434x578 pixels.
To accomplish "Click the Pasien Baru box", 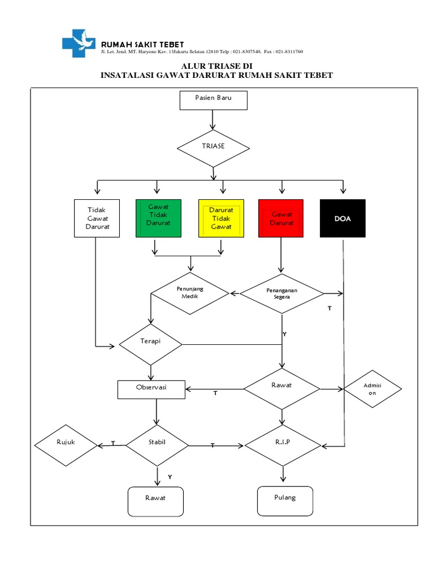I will [x=213, y=100].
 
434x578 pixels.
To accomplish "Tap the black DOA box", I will [x=342, y=218].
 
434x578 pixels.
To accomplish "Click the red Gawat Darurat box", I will [x=281, y=218].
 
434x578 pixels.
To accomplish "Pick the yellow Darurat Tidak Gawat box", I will [x=221, y=218].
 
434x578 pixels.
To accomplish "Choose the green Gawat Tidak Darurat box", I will [x=158, y=218].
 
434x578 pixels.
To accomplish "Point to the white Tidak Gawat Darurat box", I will [x=97, y=218].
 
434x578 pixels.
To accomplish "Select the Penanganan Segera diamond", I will [x=281, y=294].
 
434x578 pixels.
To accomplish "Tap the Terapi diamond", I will [x=150, y=344].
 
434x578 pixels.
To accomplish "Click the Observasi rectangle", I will [x=151, y=389].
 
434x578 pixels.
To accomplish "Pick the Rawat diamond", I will [x=281, y=389].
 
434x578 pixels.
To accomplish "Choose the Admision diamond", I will [x=372, y=389].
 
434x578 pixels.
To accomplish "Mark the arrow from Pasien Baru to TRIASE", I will [x=213, y=120].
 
